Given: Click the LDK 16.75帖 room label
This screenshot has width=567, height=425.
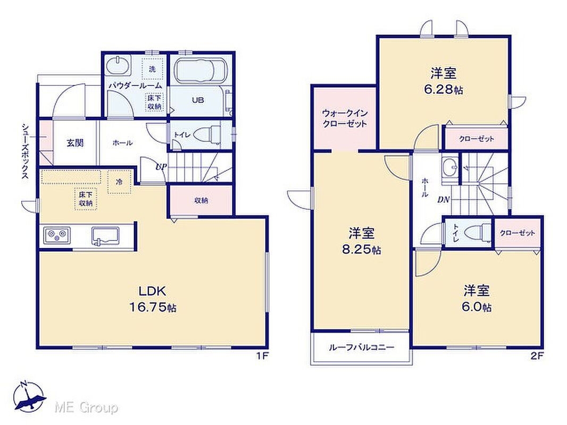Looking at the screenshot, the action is point(153,299).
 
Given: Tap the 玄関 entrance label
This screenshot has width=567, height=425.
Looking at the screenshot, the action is point(75,143).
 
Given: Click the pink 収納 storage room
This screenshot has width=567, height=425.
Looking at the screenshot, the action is point(201,201).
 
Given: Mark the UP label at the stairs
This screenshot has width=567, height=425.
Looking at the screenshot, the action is point(161,167).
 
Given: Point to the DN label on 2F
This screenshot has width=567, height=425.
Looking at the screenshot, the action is point(443,199).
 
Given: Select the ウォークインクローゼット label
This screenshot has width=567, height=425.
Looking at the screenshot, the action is point(345,118).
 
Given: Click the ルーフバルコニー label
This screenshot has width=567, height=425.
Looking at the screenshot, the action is point(362,348).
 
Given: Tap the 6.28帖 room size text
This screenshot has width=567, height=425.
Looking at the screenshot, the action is point(443,90).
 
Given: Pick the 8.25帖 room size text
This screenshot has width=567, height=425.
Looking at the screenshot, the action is point(362,250).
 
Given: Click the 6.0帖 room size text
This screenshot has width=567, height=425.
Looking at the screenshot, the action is point(476,307).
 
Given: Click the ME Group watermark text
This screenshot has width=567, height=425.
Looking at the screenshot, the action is point(86,407).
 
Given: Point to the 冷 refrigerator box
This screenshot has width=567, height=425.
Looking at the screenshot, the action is point(119,182).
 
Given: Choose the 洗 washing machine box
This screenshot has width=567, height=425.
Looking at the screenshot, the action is point(152,69).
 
